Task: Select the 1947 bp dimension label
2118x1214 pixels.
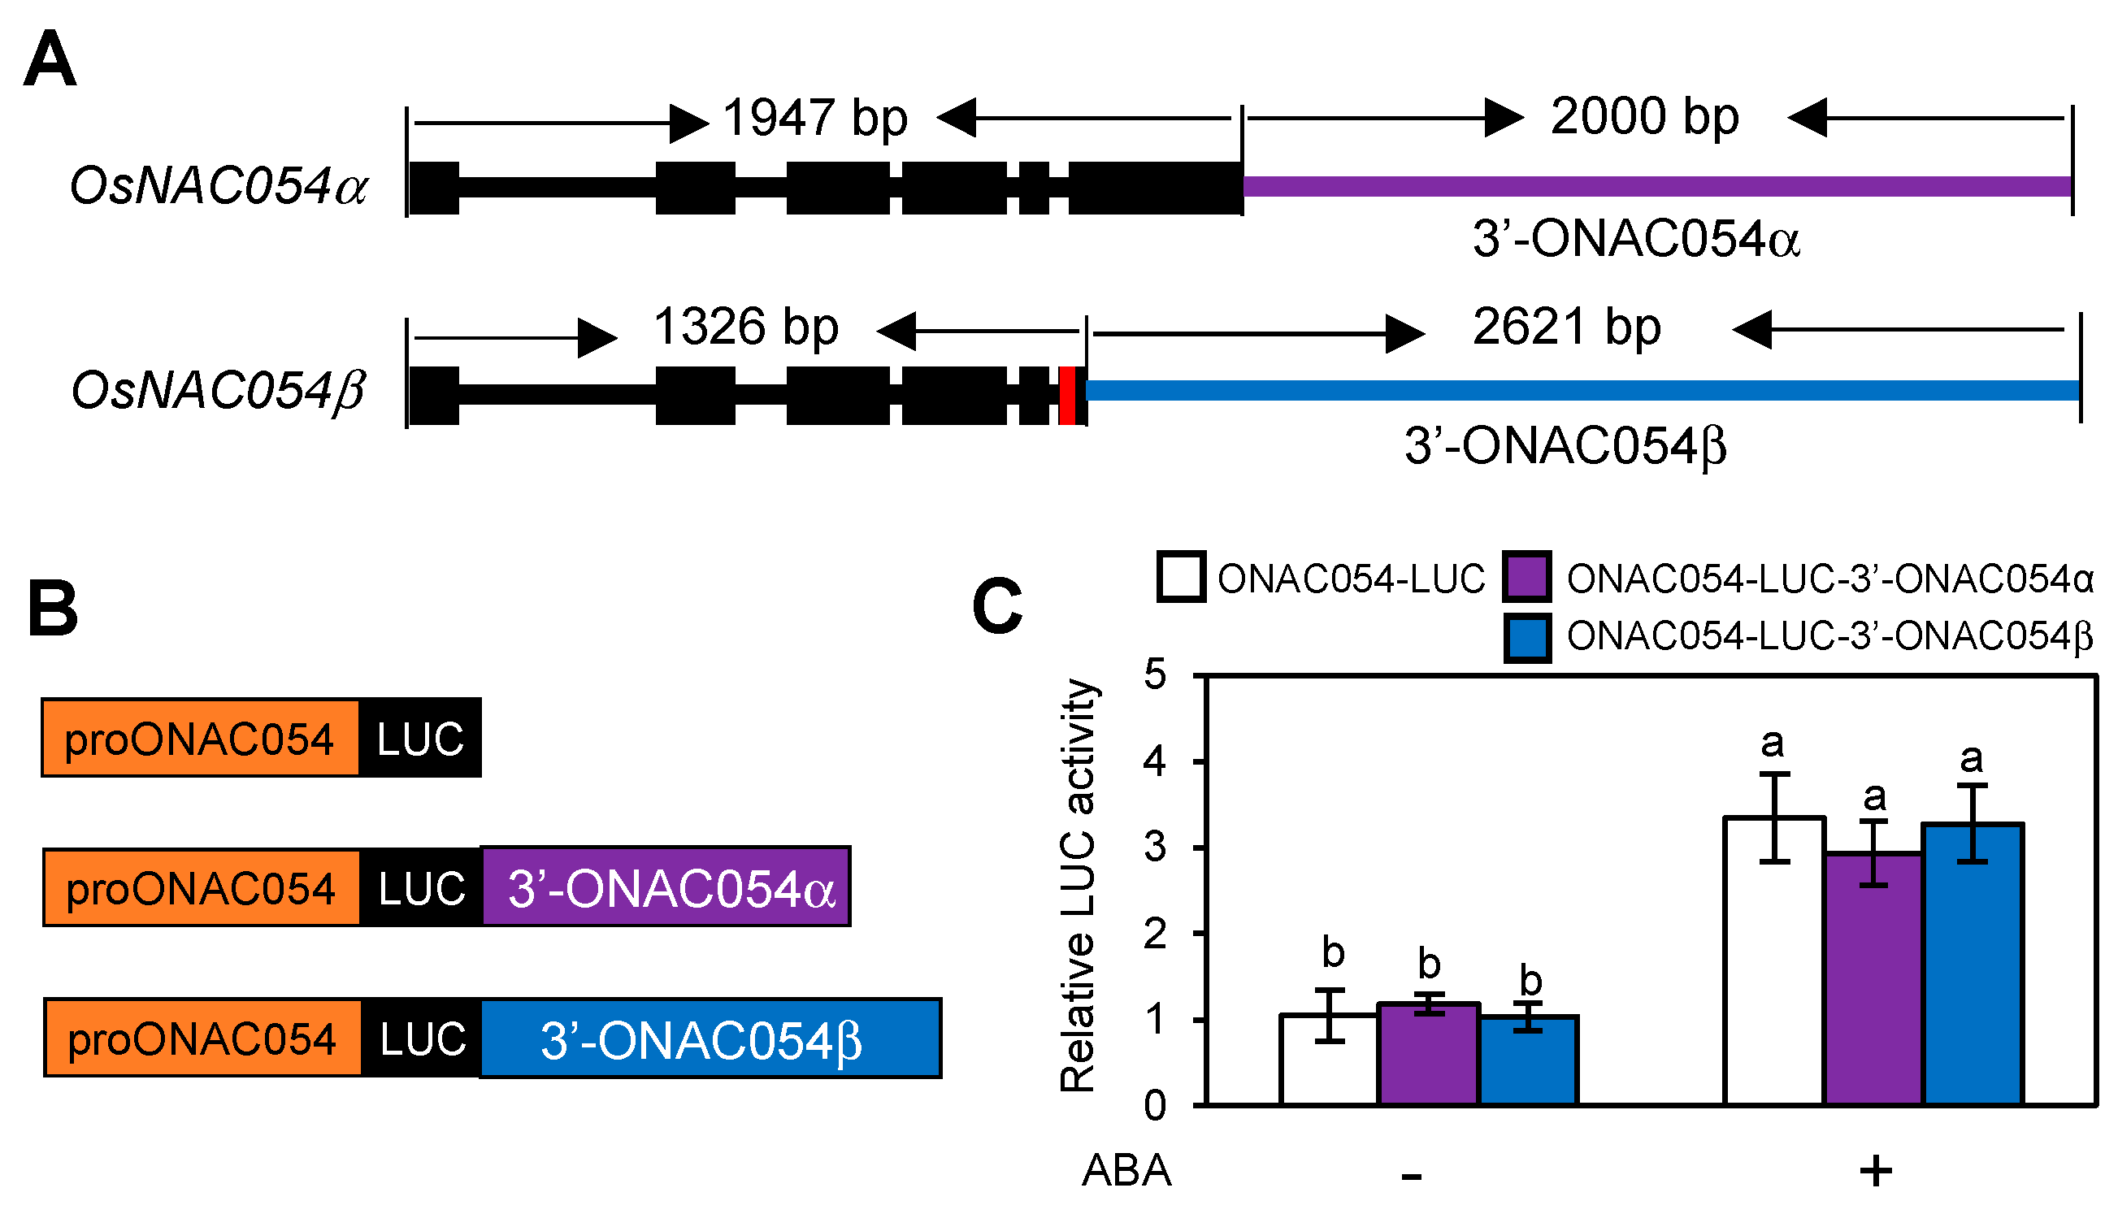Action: coord(814,118)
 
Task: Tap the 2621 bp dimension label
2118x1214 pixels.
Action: coord(1566,326)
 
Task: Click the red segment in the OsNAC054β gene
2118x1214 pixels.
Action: coord(1066,395)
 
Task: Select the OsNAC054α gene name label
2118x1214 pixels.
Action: coord(219,185)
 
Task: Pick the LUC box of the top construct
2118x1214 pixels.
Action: coord(419,739)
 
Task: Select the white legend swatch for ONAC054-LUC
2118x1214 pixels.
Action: coord(1180,577)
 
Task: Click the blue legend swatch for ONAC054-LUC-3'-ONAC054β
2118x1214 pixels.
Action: coord(1527,638)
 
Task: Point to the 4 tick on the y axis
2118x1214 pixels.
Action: coord(1155,761)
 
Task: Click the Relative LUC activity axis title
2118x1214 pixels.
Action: coord(1079,887)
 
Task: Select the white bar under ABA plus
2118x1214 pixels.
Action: coord(1773,963)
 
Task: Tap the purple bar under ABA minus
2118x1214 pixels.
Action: coord(1429,1055)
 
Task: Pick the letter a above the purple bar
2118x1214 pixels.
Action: coord(1873,797)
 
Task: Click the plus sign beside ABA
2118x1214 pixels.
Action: coord(1875,1172)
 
